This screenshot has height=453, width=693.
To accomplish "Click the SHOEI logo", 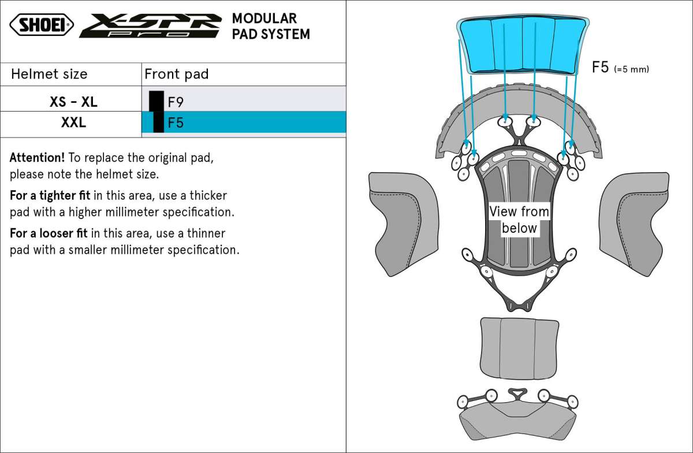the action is [42, 24].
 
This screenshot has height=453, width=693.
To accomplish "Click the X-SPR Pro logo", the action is [151, 25].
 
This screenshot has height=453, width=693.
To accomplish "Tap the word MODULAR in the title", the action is [264, 18].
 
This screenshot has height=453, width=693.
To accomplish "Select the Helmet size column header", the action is [49, 74].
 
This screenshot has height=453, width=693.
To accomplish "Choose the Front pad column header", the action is [176, 74].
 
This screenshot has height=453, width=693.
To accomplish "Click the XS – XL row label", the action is [74, 102].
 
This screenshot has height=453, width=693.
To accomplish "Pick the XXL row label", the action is [74, 122].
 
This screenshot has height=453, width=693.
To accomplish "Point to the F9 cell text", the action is [176, 102].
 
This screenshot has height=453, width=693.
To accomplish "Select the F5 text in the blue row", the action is [176, 122].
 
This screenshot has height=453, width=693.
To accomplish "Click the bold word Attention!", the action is [37, 158].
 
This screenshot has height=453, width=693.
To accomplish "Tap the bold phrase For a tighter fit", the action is [50, 196].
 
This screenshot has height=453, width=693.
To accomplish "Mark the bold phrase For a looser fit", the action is [49, 233].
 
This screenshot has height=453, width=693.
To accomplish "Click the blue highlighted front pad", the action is [523, 44].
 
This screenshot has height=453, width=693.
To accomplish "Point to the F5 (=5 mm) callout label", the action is [620, 67].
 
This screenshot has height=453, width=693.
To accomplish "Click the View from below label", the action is [519, 220].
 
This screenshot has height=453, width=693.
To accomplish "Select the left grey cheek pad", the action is [404, 224].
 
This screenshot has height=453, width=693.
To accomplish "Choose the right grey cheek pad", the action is [634, 224].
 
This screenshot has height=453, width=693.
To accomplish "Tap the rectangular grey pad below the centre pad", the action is [519, 348].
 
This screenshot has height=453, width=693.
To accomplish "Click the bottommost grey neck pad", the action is [517, 421].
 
